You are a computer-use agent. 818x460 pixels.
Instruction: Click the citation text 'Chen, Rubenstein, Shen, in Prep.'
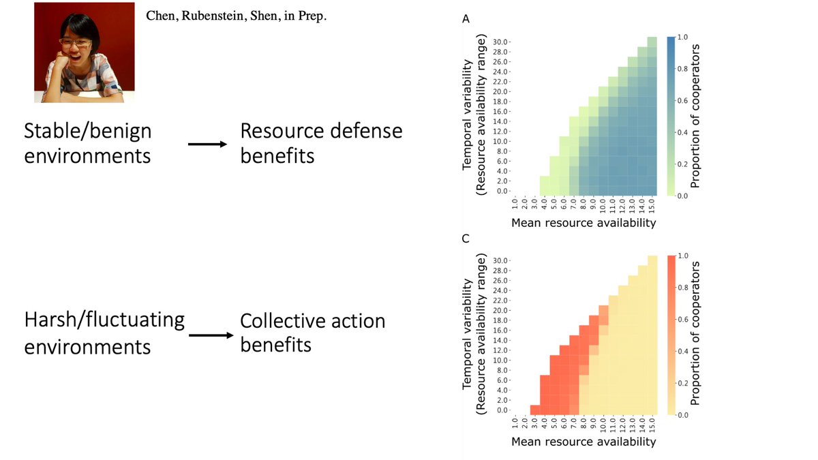(237, 16)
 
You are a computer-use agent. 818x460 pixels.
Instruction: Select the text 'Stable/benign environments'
(88, 143)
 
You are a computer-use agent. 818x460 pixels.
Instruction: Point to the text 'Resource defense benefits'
(321, 143)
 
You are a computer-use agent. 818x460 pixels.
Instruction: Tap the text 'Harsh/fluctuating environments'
(104, 333)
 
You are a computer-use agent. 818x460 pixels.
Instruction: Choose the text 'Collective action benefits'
(312, 333)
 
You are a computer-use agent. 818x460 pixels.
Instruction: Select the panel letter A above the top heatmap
(466, 20)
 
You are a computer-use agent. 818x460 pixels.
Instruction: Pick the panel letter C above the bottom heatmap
(466, 239)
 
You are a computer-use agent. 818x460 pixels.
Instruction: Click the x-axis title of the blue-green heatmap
(584, 222)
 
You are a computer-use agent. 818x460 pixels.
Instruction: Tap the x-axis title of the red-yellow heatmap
(584, 442)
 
